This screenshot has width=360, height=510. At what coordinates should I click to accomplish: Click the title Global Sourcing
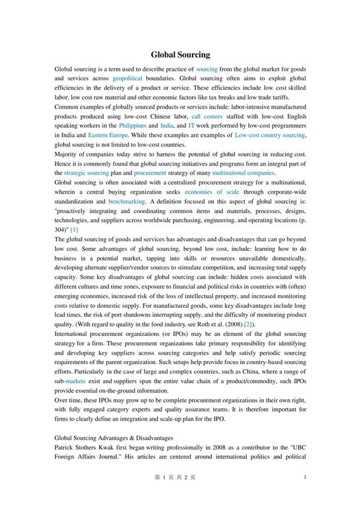coord(180,55)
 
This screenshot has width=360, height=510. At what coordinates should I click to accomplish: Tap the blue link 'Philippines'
coord(133,126)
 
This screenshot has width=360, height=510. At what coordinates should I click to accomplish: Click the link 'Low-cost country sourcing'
coord(270,136)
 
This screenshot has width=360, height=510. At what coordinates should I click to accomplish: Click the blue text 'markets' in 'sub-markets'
coord(76,381)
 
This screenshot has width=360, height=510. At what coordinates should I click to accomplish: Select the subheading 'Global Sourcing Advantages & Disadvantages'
coord(113,438)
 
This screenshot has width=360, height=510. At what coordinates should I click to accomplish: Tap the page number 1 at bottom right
coord(305,477)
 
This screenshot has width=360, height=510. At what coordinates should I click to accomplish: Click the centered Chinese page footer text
coord(175,477)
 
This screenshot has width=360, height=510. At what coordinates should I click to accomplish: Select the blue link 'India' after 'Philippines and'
coord(167,126)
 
